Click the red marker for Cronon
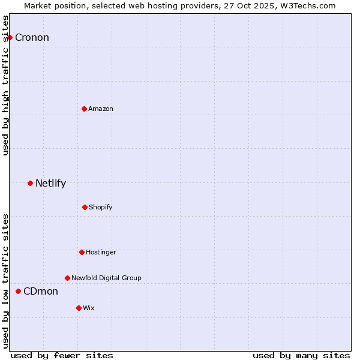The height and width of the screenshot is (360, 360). click(10, 38)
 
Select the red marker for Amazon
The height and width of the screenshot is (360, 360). click(84, 109)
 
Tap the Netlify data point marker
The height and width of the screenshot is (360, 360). click(30, 183)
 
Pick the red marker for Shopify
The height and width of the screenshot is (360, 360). click(85, 207)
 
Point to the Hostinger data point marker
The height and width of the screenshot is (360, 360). click(82, 252)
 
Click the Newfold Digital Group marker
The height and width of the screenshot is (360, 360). click(67, 278)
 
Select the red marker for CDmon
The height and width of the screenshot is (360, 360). click(18, 291)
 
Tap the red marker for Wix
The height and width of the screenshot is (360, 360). click(79, 308)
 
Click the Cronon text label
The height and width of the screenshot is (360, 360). click(32, 38)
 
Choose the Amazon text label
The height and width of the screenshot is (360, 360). click(101, 109)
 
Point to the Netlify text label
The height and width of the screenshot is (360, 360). click(50, 184)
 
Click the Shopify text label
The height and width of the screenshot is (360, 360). click(101, 208)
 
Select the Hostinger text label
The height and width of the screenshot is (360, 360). click(101, 253)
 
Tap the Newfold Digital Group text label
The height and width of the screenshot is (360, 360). click(106, 278)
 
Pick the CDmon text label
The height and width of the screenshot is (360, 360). click(41, 292)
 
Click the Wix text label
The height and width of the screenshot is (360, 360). click(89, 308)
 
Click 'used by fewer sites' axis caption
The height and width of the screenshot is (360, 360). click(62, 355)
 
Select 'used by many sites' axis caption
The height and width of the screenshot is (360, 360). click(301, 355)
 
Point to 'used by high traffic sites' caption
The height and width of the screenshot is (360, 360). click(5, 85)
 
